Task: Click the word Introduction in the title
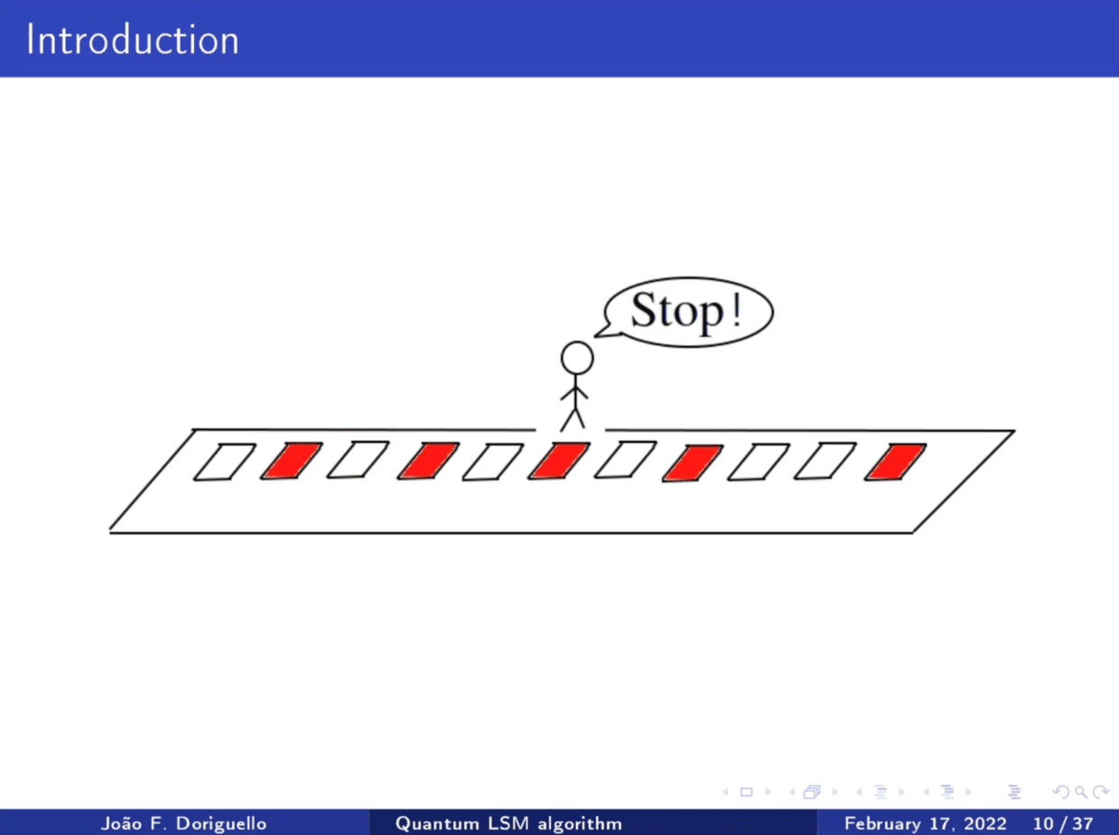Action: click(x=133, y=40)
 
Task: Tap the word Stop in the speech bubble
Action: click(x=677, y=311)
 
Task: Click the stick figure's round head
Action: click(x=577, y=358)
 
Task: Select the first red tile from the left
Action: click(x=291, y=461)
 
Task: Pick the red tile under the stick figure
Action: click(x=559, y=461)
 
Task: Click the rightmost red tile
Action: click(x=895, y=462)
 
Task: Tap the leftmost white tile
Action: click(x=224, y=462)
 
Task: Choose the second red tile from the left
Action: click(x=428, y=461)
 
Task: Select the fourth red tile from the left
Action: click(x=693, y=464)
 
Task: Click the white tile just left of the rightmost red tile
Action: click(x=825, y=461)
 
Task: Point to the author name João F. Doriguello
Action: click(x=184, y=823)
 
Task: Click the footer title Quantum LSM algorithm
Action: click(x=508, y=823)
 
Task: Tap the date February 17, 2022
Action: click(x=926, y=823)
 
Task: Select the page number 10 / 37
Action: click(x=1063, y=823)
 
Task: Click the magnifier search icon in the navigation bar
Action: click(x=1081, y=792)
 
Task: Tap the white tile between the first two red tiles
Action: click(x=358, y=460)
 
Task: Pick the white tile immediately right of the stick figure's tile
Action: click(x=625, y=460)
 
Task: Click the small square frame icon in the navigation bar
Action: click(x=746, y=793)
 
